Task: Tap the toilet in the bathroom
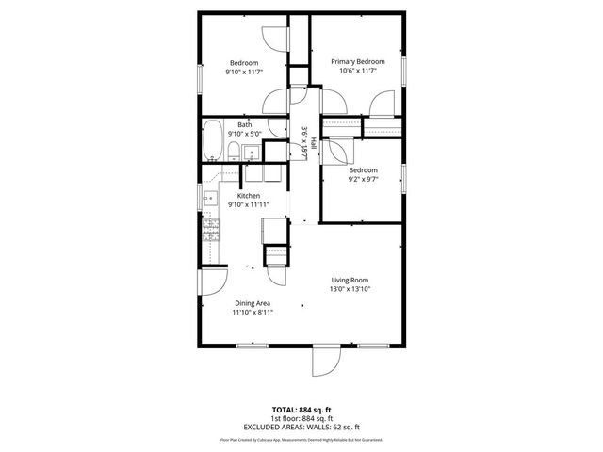pyautogui.click(x=232, y=151)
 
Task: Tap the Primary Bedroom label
pyautogui.click(x=357, y=62)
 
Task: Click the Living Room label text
pyautogui.click(x=349, y=280)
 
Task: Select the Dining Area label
pyautogui.click(x=252, y=303)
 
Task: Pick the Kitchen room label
pyautogui.click(x=248, y=196)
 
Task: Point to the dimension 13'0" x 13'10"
pyautogui.click(x=349, y=289)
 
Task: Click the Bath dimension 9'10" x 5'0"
pyautogui.click(x=245, y=134)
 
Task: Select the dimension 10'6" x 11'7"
pyautogui.click(x=357, y=72)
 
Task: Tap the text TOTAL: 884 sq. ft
pyautogui.click(x=301, y=410)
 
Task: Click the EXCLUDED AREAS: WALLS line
pyautogui.click(x=301, y=427)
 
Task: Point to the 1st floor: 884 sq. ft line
pyautogui.click(x=301, y=418)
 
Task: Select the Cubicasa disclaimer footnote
pyautogui.click(x=301, y=439)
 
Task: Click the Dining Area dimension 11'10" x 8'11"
pyautogui.click(x=252, y=313)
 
